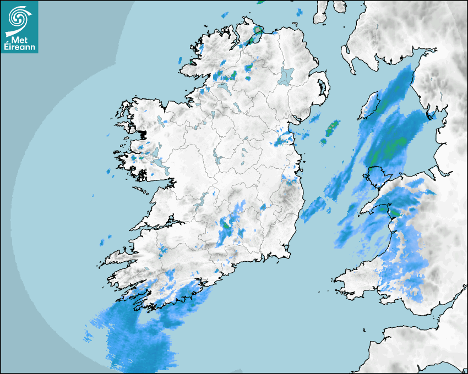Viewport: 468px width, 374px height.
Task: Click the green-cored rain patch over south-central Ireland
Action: click(226, 224)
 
